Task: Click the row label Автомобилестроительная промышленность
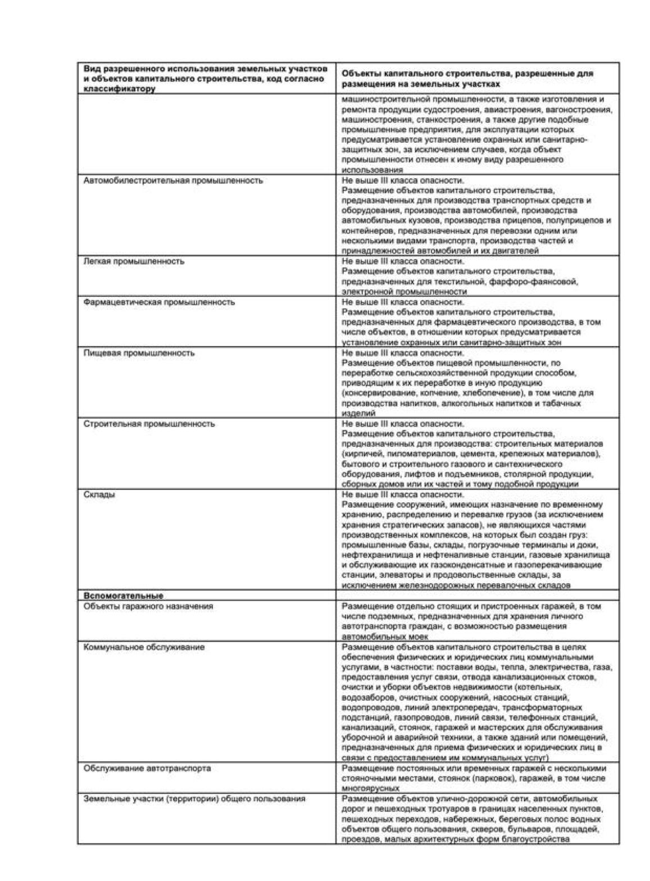(173, 181)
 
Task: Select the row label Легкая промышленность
(134, 261)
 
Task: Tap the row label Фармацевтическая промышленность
(159, 302)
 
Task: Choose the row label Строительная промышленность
(149, 424)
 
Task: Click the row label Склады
(99, 494)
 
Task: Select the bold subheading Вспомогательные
(124, 596)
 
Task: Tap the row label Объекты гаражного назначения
(148, 606)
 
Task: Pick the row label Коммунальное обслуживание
(144, 647)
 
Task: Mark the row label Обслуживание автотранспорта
(147, 768)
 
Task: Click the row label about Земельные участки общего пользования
(194, 798)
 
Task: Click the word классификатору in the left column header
(119, 89)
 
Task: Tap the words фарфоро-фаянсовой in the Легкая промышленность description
(541, 281)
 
